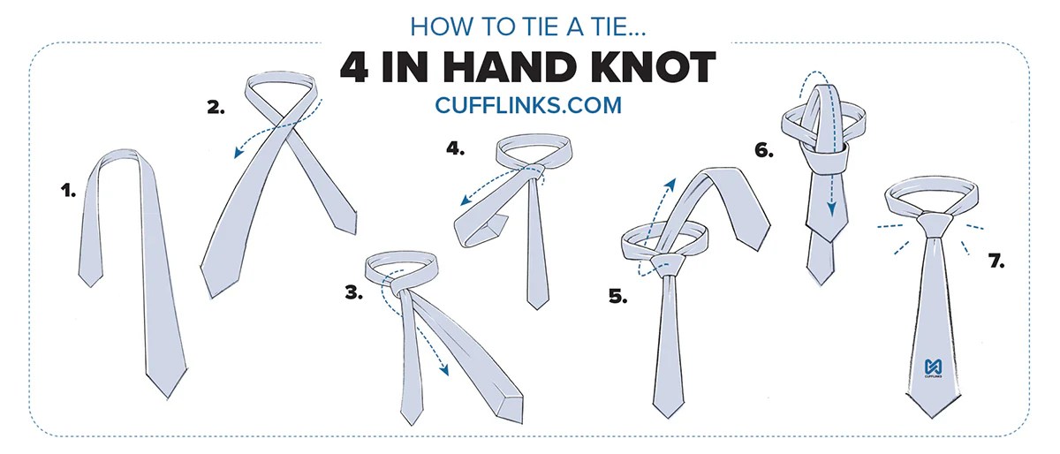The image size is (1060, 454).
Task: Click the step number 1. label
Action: point(68,188)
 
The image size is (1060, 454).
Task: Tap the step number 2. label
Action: point(216,108)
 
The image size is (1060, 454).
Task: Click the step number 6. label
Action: point(764,151)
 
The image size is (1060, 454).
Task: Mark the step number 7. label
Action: point(996,261)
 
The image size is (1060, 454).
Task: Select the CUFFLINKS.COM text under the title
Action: point(528,105)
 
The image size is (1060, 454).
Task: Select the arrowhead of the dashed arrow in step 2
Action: point(237,155)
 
